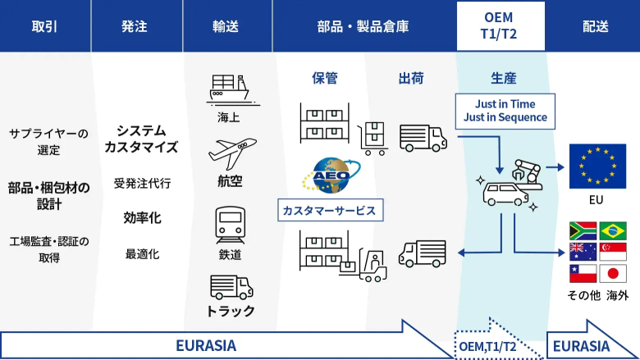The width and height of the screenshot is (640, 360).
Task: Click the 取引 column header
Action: (x=44, y=26)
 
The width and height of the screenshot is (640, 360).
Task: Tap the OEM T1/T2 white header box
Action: (x=501, y=26)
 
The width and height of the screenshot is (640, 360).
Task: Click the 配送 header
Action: (x=595, y=26)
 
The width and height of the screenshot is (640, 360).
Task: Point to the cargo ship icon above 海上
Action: (x=229, y=89)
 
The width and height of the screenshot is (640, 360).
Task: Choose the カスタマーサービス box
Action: (x=328, y=211)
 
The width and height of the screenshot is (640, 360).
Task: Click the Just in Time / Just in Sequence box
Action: (x=505, y=111)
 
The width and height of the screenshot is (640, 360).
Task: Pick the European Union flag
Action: (x=597, y=166)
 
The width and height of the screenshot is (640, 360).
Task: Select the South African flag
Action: (x=583, y=230)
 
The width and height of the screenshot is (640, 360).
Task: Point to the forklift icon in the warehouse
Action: (x=370, y=262)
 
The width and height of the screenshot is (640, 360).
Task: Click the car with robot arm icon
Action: (x=509, y=185)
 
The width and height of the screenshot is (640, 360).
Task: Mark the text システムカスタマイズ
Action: (x=141, y=139)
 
